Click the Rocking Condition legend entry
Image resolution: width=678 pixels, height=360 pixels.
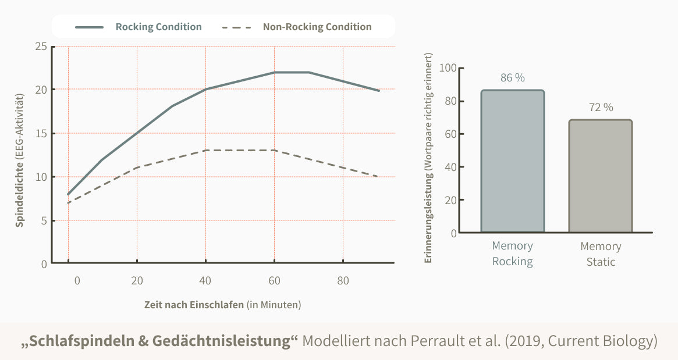(x=158, y=27)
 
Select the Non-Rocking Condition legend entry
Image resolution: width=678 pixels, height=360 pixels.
(x=317, y=27)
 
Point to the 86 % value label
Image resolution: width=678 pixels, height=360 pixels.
(x=512, y=78)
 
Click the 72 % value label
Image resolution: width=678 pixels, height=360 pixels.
(x=601, y=108)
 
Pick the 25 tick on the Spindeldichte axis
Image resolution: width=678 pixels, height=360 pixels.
(x=41, y=47)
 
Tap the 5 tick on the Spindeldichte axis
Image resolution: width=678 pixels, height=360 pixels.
(x=44, y=220)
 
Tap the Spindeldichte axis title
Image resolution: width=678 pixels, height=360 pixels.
(x=20, y=158)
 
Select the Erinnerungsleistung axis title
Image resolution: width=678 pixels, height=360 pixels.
(x=429, y=158)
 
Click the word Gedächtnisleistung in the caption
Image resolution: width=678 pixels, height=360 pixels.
(x=222, y=341)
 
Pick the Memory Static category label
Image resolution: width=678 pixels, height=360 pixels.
(x=601, y=254)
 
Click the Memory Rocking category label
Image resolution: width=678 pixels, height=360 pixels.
(x=512, y=254)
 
